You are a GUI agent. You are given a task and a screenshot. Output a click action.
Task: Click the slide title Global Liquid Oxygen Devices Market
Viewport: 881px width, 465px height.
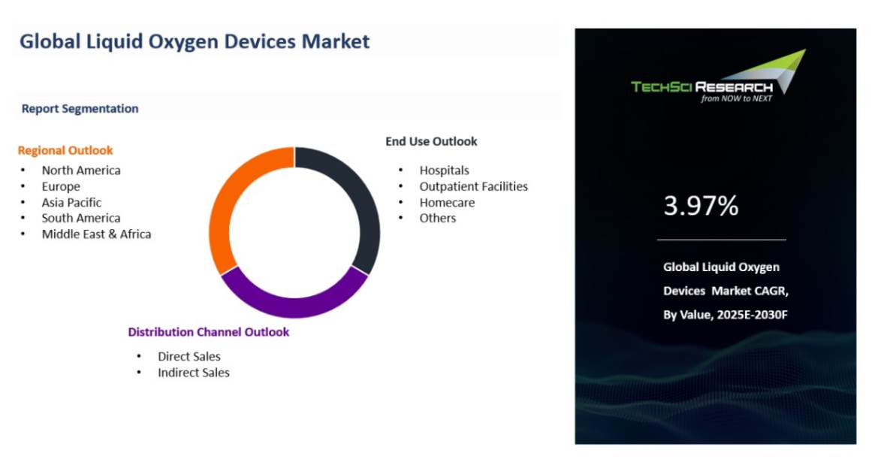click(195, 41)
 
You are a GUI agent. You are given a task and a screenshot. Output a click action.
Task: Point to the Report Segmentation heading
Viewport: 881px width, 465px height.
click(80, 108)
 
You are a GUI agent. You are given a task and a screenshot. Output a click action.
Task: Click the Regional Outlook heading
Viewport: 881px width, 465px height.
click(65, 150)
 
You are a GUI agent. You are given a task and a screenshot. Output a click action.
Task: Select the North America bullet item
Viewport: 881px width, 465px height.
click(80, 171)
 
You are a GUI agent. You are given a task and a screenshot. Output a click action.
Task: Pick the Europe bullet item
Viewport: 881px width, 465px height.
click(61, 186)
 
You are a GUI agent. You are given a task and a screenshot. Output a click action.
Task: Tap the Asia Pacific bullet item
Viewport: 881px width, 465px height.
click(71, 202)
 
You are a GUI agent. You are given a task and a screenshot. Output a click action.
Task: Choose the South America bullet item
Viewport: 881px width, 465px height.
click(80, 218)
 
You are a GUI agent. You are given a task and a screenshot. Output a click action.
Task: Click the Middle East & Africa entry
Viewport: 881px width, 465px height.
click(96, 234)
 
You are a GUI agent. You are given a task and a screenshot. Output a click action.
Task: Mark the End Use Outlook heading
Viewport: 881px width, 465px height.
click(431, 141)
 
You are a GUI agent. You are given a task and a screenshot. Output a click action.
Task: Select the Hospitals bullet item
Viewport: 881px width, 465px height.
click(444, 171)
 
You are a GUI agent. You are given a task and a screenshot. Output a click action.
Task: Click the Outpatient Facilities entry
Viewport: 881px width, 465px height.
click(473, 186)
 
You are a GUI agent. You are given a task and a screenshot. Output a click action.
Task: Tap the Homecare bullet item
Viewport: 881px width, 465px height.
click(447, 202)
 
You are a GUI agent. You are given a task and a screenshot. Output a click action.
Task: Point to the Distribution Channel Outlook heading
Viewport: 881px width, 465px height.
click(208, 332)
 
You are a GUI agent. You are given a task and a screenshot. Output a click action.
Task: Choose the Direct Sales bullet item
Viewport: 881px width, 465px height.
click(189, 357)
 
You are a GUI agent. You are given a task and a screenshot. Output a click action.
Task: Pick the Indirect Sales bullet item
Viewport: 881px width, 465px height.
click(193, 373)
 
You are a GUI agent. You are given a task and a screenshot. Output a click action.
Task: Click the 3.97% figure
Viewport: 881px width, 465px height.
click(701, 206)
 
